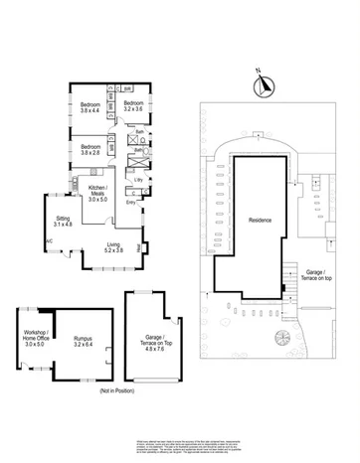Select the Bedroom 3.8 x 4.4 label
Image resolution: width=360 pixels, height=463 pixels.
90,107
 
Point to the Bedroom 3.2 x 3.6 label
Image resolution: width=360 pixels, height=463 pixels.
134,104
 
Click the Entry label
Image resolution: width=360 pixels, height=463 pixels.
131,202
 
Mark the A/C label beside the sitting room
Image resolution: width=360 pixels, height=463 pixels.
48,240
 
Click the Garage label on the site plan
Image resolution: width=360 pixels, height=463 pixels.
316,274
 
